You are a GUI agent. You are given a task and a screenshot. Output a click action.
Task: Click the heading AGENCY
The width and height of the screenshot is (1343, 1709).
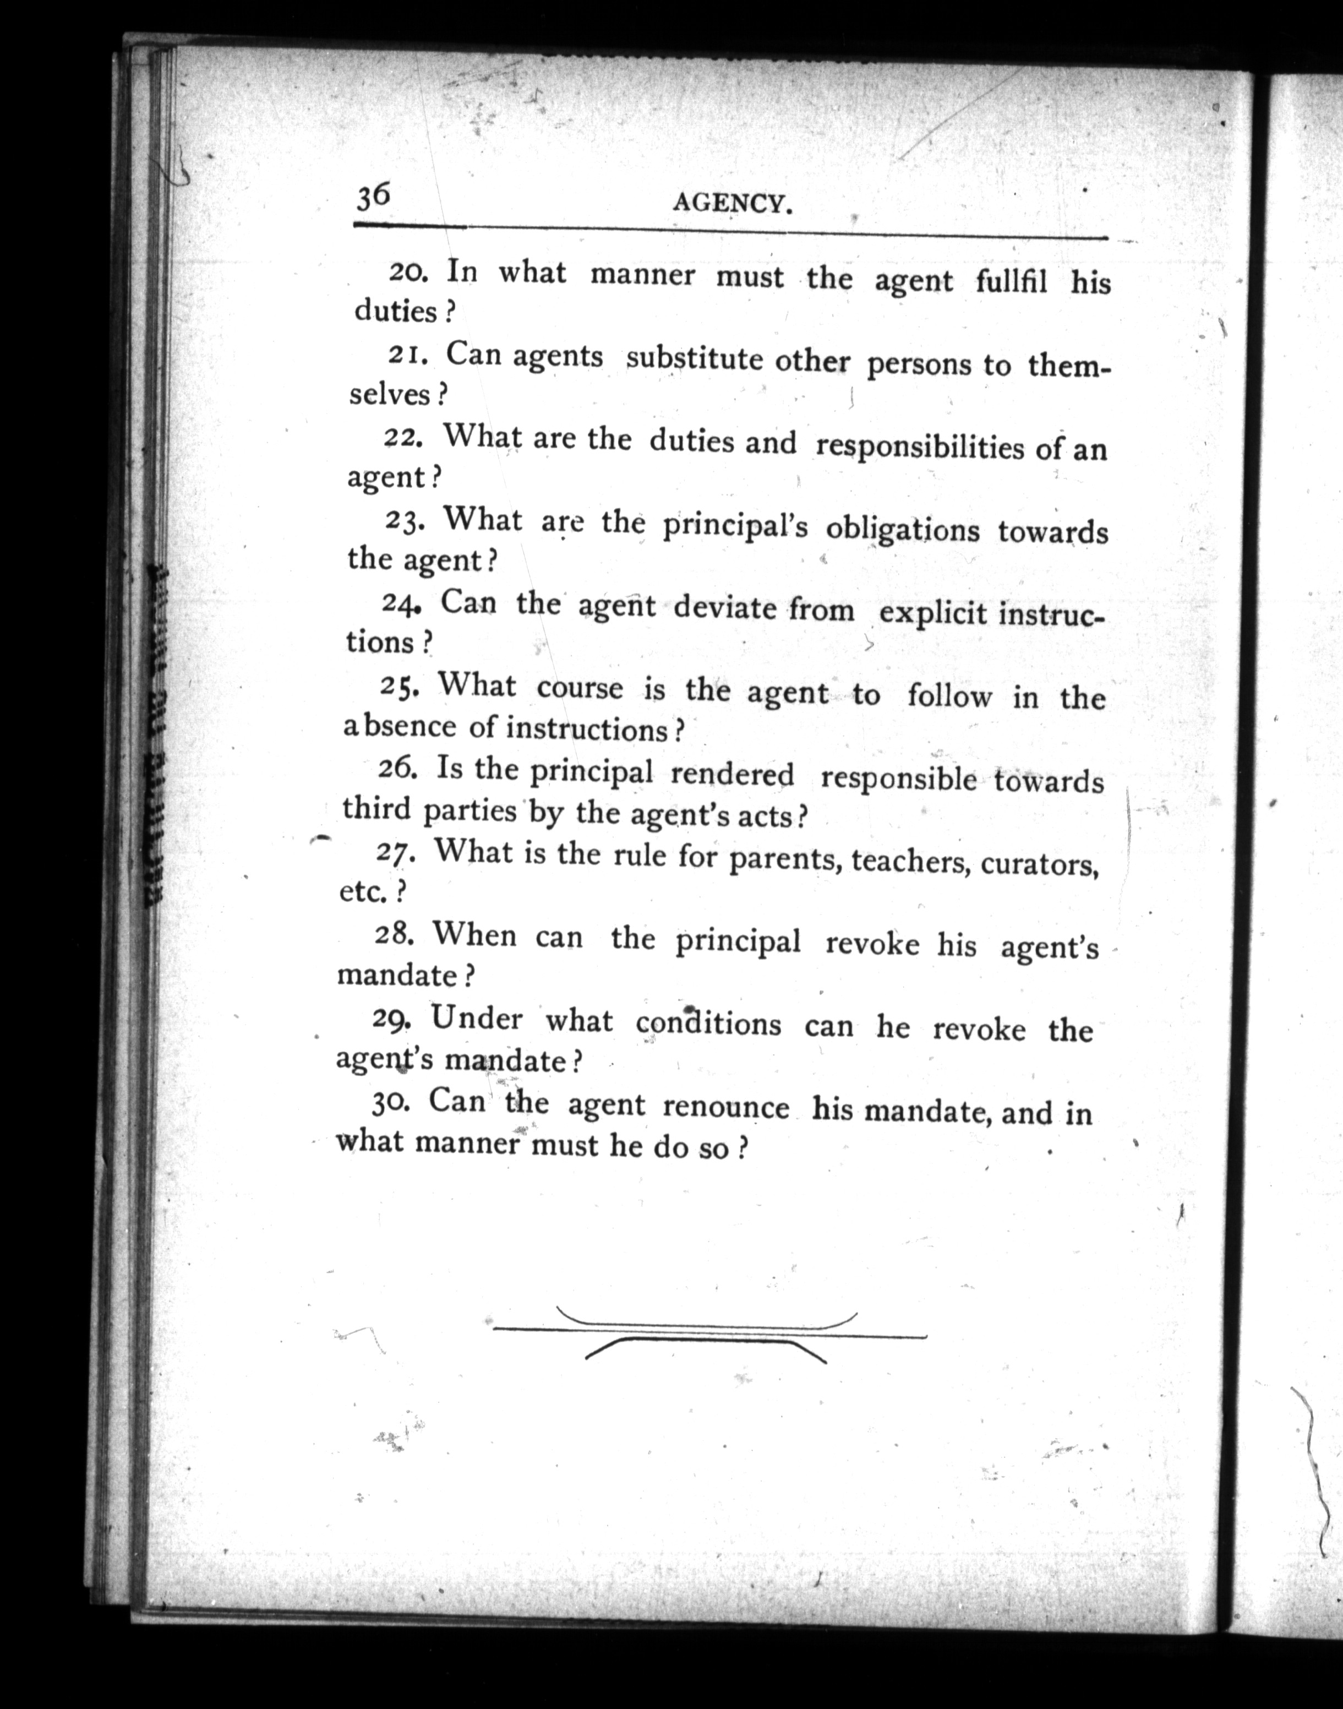coord(732,204)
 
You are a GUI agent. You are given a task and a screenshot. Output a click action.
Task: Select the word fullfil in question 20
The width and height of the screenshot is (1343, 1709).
coord(1011,281)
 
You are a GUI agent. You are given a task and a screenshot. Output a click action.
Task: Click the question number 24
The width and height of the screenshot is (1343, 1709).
coord(402,604)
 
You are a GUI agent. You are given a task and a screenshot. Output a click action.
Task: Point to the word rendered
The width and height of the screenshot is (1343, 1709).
coord(731,775)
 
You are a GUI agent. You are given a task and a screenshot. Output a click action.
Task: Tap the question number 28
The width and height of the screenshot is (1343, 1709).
coord(391,934)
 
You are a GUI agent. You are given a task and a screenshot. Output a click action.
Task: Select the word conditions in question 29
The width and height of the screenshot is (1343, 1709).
coord(708,1023)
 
